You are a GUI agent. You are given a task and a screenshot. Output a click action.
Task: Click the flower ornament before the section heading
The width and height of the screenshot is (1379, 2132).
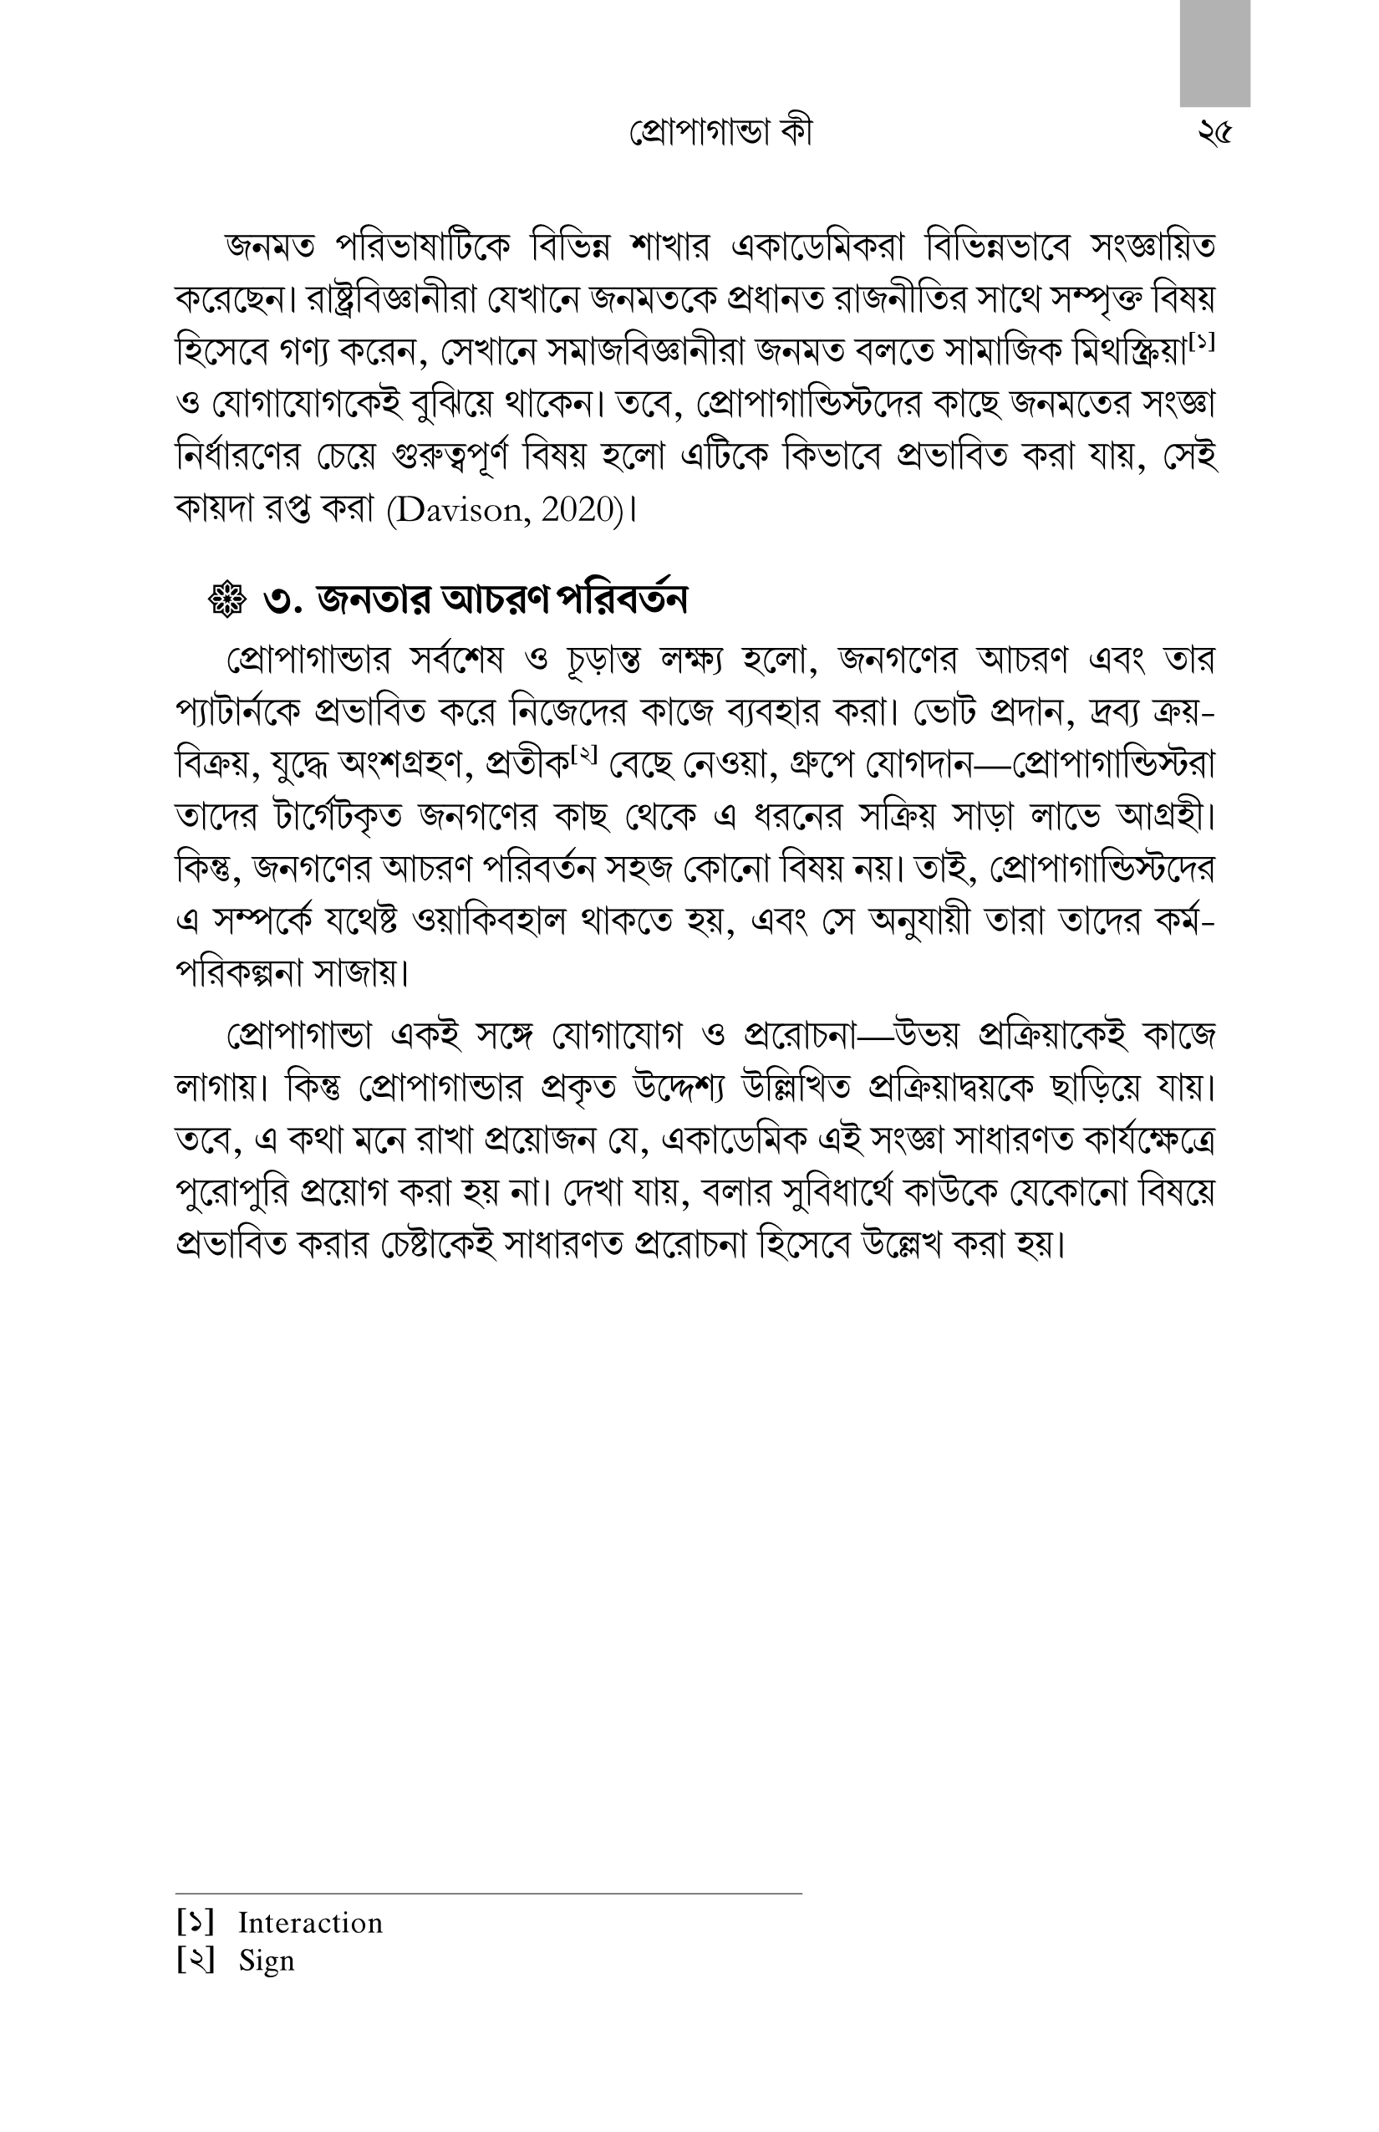[226, 600]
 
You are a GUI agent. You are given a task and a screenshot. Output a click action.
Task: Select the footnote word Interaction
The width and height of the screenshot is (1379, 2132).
[310, 1923]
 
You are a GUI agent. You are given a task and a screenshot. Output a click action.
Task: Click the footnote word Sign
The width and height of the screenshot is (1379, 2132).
[266, 1961]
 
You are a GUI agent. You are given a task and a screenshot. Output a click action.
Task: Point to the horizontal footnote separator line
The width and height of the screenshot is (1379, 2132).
[488, 1894]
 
